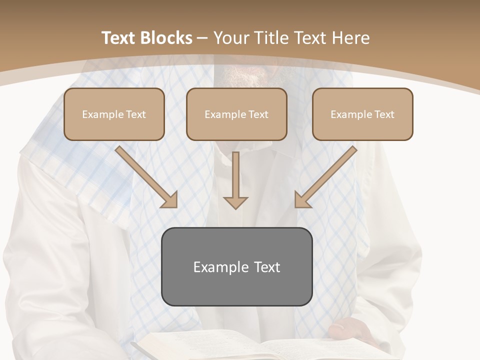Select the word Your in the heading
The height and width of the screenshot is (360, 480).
(232, 38)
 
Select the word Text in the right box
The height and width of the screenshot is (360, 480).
(384, 114)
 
